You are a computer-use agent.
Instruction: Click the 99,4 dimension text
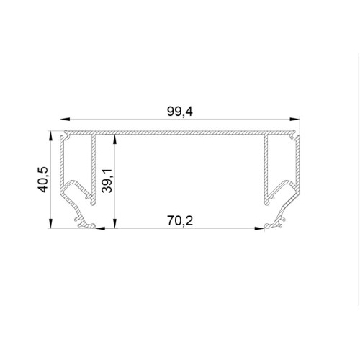coord(180,112)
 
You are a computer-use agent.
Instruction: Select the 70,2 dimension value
coord(180,221)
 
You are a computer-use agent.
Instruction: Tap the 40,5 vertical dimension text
coord(43,179)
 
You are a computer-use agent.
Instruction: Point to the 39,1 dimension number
coord(107,181)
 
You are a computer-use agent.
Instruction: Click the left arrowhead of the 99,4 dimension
coord(65,119)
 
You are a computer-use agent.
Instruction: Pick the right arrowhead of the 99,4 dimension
coord(295,119)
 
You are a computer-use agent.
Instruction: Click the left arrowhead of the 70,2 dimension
coord(100,228)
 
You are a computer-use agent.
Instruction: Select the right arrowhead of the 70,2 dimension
coord(259,228)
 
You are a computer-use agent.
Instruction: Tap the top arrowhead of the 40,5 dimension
coord(50,136)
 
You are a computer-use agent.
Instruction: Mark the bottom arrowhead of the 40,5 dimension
coord(50,223)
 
